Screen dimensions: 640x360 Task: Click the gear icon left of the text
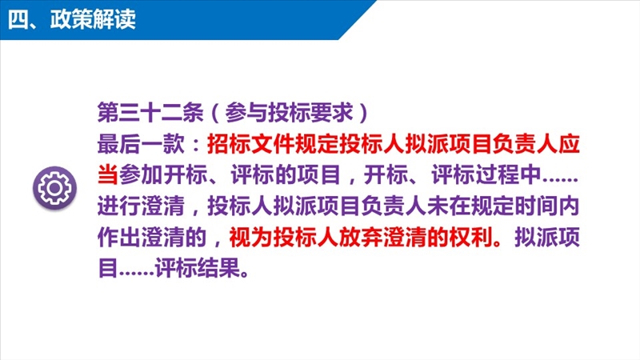pyautogui.click(x=54, y=188)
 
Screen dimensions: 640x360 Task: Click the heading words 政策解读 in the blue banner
pyautogui.click(x=93, y=19)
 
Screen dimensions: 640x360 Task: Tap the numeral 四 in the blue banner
pyautogui.click(x=18, y=19)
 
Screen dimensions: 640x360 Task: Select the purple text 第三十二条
pyautogui.click(x=150, y=112)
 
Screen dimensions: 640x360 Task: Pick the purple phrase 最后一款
pyautogui.click(x=140, y=144)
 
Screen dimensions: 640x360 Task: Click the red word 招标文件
pyautogui.click(x=250, y=144)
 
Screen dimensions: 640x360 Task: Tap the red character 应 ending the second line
pyautogui.click(x=569, y=144)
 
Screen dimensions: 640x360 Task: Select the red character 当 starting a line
pyautogui.click(x=108, y=174)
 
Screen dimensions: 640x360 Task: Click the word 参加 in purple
pyautogui.click(x=141, y=174)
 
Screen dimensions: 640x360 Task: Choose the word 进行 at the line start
pyautogui.click(x=118, y=206)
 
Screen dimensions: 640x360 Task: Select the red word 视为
pyautogui.click(x=250, y=237)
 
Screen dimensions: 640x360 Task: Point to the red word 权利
pyautogui.click(x=470, y=237)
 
